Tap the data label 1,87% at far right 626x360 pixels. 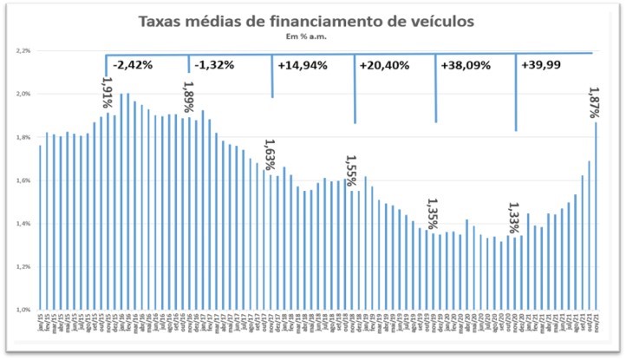click(595, 103)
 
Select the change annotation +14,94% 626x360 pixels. click(302, 66)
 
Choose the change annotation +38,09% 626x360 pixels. click(466, 66)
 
